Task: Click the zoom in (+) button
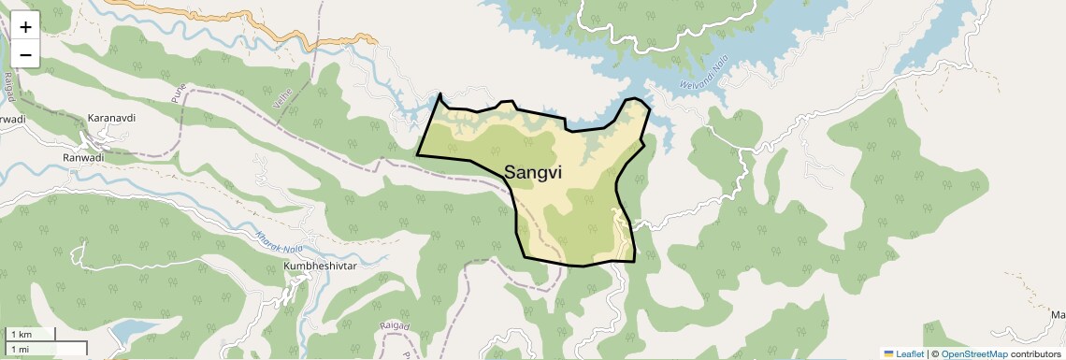(x=25, y=27)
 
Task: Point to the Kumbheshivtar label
(x=321, y=266)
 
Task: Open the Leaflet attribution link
(x=909, y=353)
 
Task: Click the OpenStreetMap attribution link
(x=973, y=353)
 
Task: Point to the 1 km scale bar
(x=31, y=335)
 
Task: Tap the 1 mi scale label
(x=20, y=349)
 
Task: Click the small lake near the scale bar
(x=134, y=331)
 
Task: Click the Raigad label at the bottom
(x=396, y=325)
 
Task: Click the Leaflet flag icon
(x=889, y=353)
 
